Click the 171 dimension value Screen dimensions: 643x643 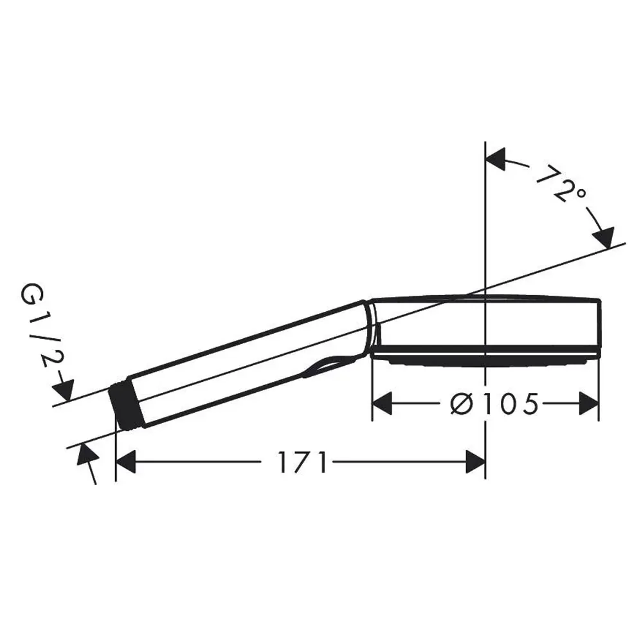(303, 462)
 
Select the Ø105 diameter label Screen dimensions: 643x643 (494, 404)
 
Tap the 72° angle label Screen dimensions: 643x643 (561, 183)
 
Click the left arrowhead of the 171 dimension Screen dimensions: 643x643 (126, 462)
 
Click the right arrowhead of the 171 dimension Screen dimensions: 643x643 (475, 462)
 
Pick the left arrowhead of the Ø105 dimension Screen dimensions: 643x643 (382, 404)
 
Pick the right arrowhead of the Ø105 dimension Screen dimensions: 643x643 (589, 404)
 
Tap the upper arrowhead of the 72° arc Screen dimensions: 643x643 (495, 159)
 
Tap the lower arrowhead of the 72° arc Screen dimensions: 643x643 (604, 238)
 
